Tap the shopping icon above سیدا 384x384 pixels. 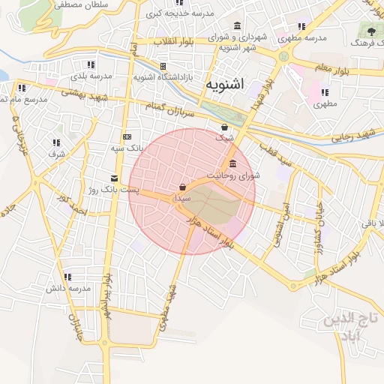tap(183, 187)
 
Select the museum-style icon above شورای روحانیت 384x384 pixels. tap(232, 164)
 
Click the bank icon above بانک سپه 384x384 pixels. tap(127, 136)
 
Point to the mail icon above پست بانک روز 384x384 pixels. tap(114, 178)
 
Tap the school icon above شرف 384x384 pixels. tap(57, 142)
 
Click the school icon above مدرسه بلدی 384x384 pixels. tap(91, 65)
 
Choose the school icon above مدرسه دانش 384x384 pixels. tap(68, 277)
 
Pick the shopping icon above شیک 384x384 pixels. tap(225, 127)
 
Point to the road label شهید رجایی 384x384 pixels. tap(352, 135)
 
